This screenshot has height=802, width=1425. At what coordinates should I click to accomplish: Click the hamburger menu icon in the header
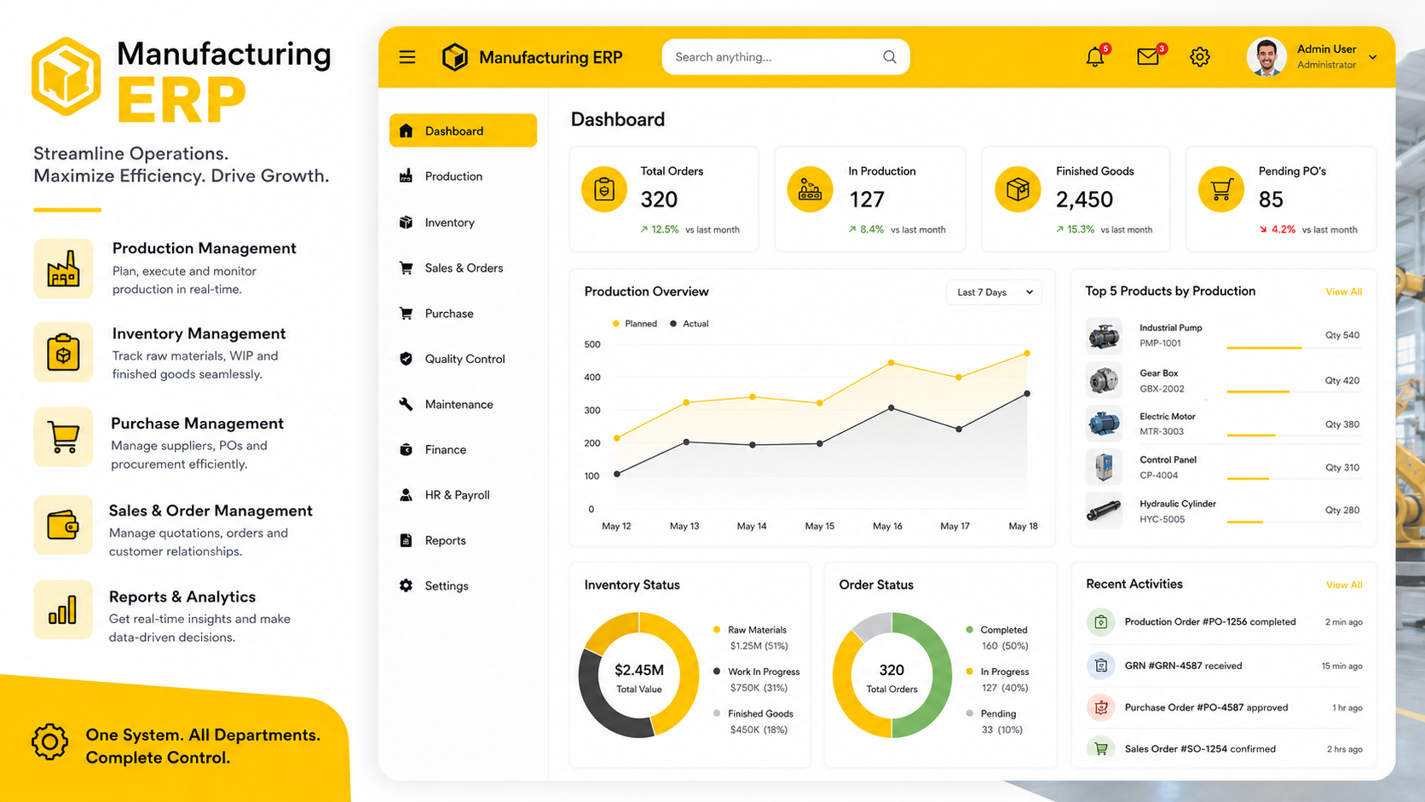click(407, 57)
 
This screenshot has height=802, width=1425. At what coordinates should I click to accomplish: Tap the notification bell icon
click(1094, 57)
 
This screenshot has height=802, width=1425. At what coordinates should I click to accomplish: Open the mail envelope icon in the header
click(1148, 57)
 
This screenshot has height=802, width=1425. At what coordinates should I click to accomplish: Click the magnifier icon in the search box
click(890, 57)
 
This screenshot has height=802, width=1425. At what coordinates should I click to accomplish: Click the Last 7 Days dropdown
click(994, 292)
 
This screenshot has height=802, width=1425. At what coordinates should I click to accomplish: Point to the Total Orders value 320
click(659, 199)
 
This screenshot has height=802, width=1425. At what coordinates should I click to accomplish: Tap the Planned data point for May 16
click(891, 362)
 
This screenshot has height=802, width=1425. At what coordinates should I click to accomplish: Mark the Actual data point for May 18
click(1027, 394)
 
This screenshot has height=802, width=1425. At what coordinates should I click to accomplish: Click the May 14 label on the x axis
click(752, 526)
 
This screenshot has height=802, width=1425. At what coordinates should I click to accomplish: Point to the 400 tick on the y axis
click(591, 378)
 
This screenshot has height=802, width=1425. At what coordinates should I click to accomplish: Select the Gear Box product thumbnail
click(1104, 380)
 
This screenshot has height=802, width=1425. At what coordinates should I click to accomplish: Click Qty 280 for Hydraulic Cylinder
click(1342, 510)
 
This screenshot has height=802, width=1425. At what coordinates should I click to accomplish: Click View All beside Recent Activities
click(1343, 586)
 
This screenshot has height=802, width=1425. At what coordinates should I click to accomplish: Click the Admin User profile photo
click(1266, 57)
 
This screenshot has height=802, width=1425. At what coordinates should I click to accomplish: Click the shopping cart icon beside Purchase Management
click(64, 437)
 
